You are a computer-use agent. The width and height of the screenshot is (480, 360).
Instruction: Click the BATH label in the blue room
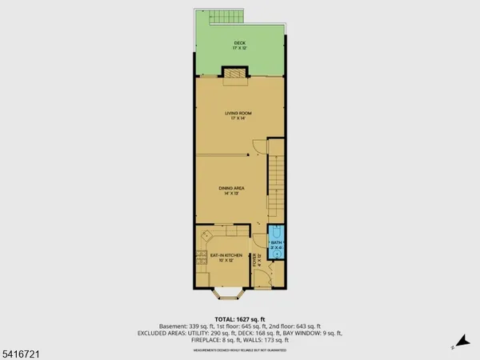[x=276, y=242]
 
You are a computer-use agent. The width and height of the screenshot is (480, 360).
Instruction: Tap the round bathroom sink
[x=277, y=253]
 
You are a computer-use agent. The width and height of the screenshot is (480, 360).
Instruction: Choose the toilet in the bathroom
[x=278, y=233]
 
